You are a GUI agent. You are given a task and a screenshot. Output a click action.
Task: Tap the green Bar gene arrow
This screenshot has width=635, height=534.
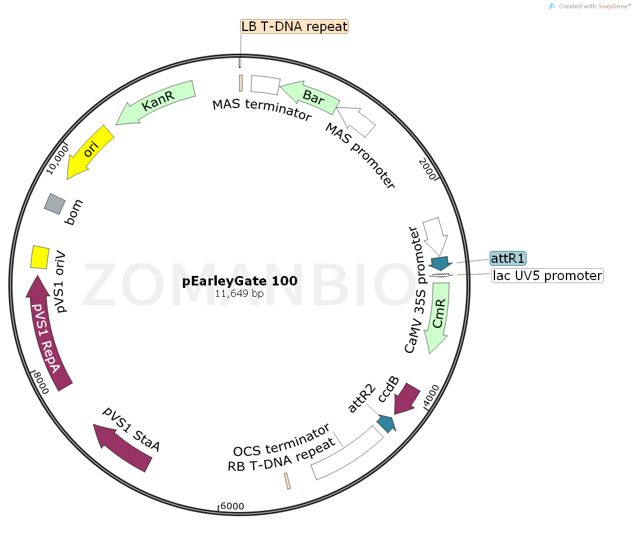point(310,97)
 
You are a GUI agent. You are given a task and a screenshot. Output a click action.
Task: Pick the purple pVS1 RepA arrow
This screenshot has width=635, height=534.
point(48,333)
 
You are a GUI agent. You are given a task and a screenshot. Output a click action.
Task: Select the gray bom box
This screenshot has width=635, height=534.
point(54,204)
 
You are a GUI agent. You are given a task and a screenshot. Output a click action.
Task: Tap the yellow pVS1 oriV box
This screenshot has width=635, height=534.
point(40,257)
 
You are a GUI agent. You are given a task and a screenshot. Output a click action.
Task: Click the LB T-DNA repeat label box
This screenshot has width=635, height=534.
point(294,26)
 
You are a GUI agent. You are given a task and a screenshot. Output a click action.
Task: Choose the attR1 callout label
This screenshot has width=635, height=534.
point(508,258)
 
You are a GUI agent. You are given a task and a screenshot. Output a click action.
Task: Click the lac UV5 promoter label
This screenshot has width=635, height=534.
point(547,276)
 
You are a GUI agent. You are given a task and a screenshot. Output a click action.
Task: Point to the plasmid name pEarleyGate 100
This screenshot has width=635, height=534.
point(239,281)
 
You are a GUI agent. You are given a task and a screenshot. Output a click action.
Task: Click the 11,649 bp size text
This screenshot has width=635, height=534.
point(239,293)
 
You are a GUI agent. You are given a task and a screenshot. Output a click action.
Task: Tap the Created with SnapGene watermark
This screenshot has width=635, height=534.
point(590,6)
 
